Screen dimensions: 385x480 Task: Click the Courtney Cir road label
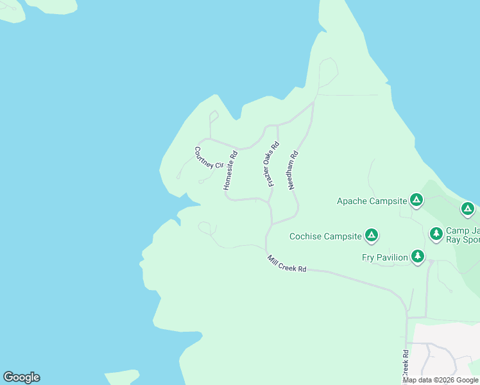tap(209, 157)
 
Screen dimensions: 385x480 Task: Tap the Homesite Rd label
tap(230, 170)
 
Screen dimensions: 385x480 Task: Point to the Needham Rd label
tap(294, 169)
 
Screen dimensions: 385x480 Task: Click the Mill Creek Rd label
tap(287, 264)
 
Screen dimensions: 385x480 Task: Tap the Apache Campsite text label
tap(372, 201)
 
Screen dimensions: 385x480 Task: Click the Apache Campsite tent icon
tap(416, 201)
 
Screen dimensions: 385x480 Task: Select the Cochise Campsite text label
tap(325, 236)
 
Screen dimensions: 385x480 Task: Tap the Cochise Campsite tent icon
tap(371, 236)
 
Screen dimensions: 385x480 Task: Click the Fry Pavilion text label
tap(385, 257)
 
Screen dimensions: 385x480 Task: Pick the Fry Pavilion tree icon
tap(418, 257)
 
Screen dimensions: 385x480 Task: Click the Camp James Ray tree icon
tap(436, 234)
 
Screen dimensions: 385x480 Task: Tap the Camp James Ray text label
tap(463, 235)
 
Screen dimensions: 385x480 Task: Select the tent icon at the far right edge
tap(468, 209)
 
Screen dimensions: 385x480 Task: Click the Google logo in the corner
tap(21, 377)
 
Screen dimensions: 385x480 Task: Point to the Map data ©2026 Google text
tap(440, 380)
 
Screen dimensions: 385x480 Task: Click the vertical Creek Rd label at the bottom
tap(406, 363)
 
